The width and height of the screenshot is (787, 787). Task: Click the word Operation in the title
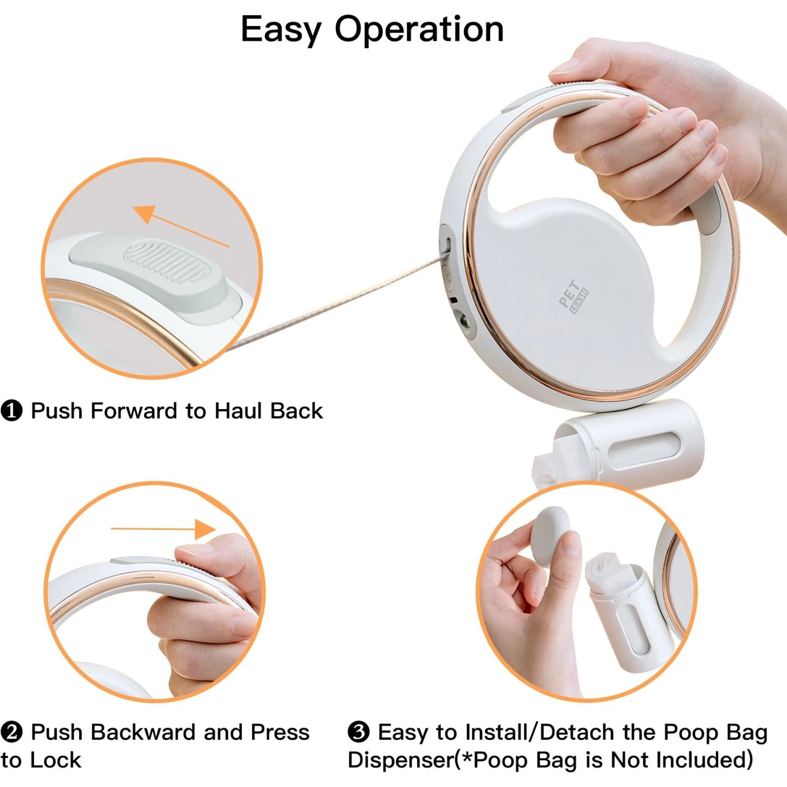pos(419,30)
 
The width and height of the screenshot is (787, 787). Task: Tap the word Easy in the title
pos(281,30)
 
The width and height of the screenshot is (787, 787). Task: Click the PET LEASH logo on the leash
pos(573,296)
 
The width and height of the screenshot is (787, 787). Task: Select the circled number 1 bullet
pos(12,411)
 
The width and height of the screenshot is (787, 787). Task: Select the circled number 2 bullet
pos(12,732)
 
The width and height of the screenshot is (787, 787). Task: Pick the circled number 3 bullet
pos(359,732)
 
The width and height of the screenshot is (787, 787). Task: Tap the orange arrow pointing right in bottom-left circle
pos(163,529)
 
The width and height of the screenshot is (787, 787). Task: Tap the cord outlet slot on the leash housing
pos(449,244)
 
